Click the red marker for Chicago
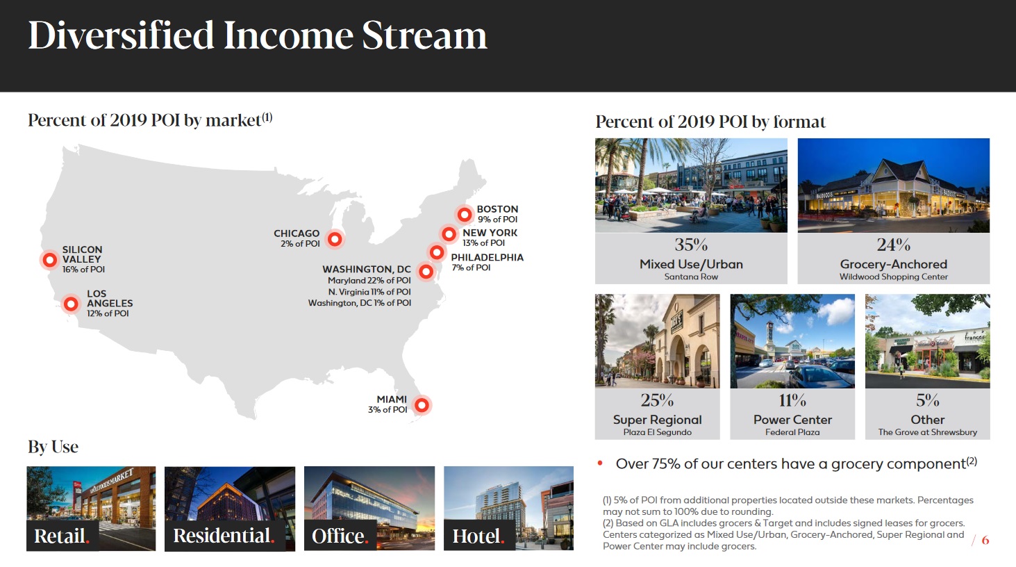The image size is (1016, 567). coord(335,239)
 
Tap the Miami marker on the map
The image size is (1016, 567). coord(422,405)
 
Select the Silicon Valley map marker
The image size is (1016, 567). coord(49,260)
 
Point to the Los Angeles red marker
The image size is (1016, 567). coord(71,304)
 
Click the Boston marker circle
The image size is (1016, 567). coord(465,214)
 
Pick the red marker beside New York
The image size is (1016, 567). coord(449,234)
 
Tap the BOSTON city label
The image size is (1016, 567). coord(497,209)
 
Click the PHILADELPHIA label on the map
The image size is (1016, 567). coord(487,257)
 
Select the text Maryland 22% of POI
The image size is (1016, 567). coord(369,281)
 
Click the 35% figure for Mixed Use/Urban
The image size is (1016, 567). coord(691,245)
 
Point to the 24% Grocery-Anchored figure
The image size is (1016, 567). coord(893,245)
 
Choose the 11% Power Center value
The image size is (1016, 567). coord(792,400)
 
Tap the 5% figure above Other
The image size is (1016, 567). coord(928,400)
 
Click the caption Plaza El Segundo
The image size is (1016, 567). coord(657,432)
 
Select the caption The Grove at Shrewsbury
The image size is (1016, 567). coord(928,432)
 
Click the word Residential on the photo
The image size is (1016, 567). coord(222,536)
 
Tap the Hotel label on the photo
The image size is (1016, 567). coord(476,536)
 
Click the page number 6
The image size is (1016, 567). coord(985,540)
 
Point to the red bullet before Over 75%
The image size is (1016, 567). coord(600,463)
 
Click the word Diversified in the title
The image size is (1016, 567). coord(121,35)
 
